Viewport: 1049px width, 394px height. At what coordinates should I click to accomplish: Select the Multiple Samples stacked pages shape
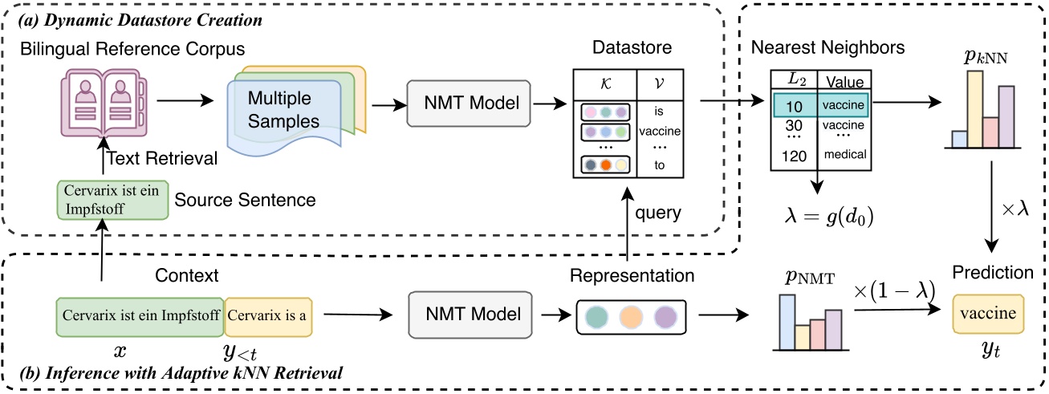[294, 111]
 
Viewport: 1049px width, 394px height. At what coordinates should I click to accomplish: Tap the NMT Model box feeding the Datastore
[469, 102]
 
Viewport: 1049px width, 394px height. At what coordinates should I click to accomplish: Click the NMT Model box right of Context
[470, 315]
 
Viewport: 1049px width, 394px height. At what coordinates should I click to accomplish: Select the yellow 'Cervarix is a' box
[267, 315]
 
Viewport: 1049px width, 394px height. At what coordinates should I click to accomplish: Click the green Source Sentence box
[112, 200]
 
